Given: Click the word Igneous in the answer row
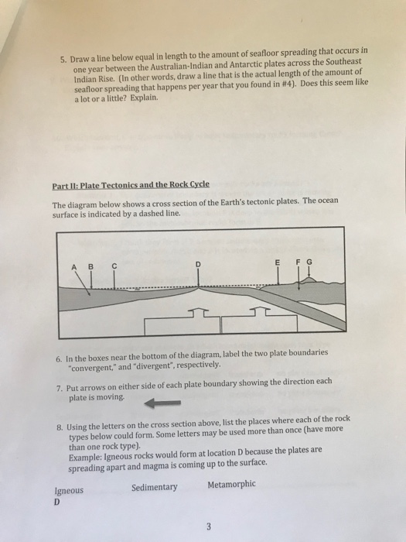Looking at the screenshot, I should [69, 490].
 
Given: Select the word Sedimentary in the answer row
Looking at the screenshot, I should [154, 487].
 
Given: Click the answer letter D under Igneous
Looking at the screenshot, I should [56, 502].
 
